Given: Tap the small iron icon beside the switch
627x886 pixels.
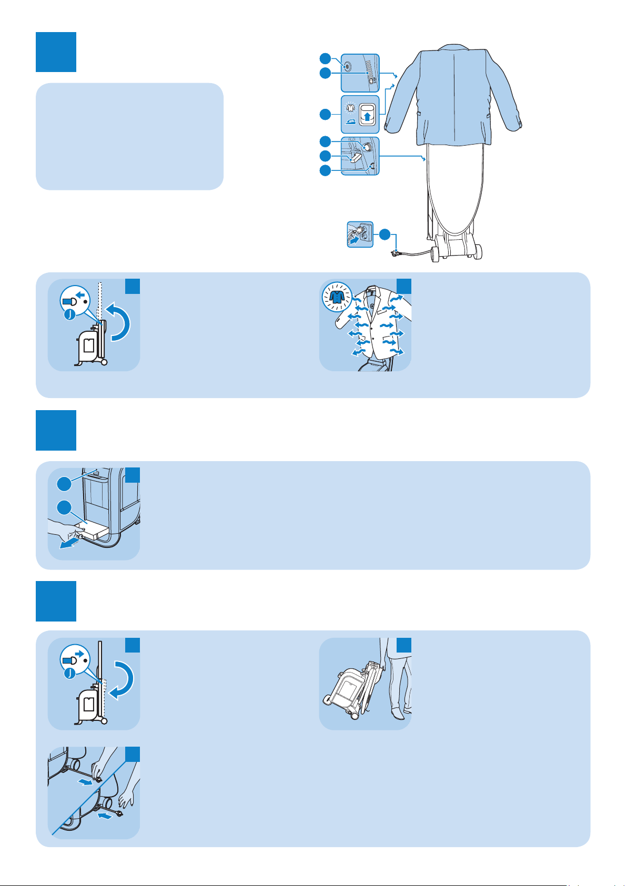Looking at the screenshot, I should coord(351,120).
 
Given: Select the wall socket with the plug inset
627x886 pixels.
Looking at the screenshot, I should coord(360,234).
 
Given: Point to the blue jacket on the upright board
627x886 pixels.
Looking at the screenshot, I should coord(454,95).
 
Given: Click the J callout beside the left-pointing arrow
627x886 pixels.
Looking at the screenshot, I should coord(69,316).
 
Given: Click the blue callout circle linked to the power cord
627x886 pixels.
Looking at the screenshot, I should coord(385,235).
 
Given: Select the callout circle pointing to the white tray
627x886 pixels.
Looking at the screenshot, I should coord(64,508).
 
